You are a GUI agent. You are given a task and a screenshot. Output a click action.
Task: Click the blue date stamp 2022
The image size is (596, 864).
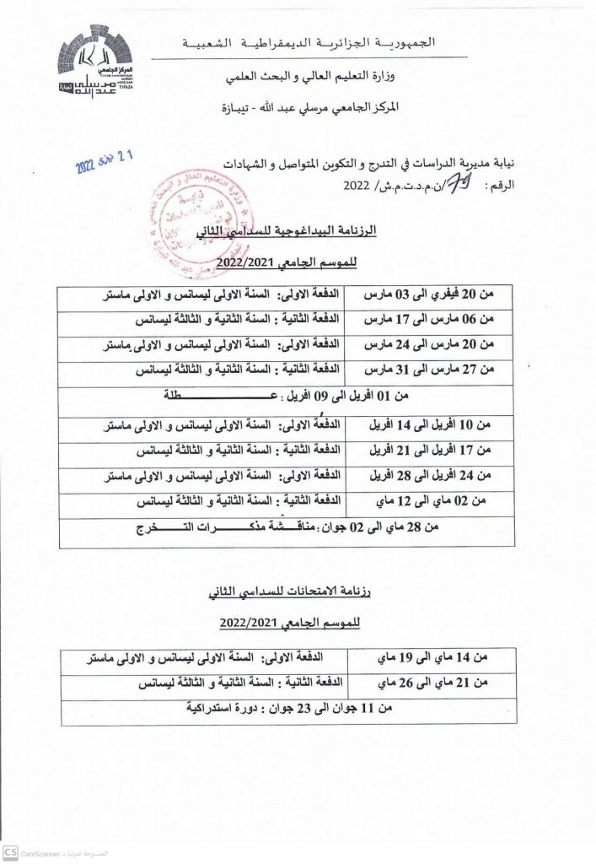105,157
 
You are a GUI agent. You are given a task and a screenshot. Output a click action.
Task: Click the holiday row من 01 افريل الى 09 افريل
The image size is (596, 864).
288,395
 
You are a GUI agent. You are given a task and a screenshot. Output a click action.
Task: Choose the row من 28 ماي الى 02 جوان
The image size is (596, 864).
288,528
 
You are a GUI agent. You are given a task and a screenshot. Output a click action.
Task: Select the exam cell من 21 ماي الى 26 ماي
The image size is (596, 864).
432,681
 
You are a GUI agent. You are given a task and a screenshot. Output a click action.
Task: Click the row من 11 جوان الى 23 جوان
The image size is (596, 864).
288,708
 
